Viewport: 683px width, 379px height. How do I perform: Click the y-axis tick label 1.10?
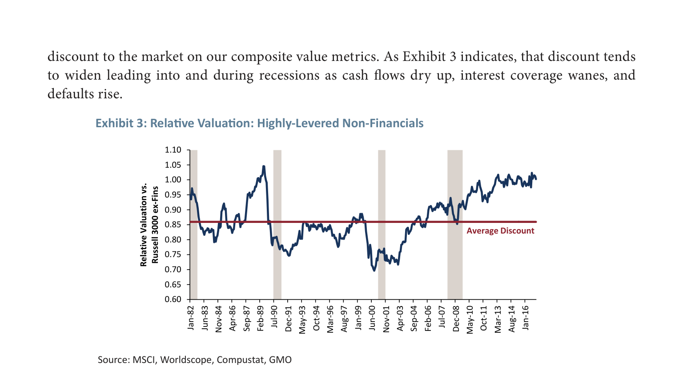click(173, 150)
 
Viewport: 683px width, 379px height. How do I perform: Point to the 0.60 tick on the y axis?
click(173, 299)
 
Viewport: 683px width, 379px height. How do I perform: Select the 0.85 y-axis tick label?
click(173, 225)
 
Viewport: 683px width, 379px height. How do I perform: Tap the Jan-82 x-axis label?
click(191, 318)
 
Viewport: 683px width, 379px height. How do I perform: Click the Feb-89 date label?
click(261, 318)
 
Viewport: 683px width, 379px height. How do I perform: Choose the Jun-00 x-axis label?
click(372, 318)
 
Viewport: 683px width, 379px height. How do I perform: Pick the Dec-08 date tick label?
click(456, 319)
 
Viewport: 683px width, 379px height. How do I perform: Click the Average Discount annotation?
click(500, 231)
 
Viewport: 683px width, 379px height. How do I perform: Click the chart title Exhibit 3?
click(260, 123)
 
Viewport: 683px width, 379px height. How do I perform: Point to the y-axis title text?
click(149, 225)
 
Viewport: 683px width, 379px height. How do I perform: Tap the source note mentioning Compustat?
click(194, 360)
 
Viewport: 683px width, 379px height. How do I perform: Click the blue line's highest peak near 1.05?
click(264, 167)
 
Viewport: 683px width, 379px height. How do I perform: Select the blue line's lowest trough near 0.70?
click(374, 270)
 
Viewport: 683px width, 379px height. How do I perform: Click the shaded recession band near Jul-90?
click(277, 225)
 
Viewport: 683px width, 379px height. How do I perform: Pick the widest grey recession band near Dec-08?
click(455, 225)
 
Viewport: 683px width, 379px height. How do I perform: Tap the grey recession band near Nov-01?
click(382, 225)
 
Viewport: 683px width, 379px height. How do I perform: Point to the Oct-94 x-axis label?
click(316, 318)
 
